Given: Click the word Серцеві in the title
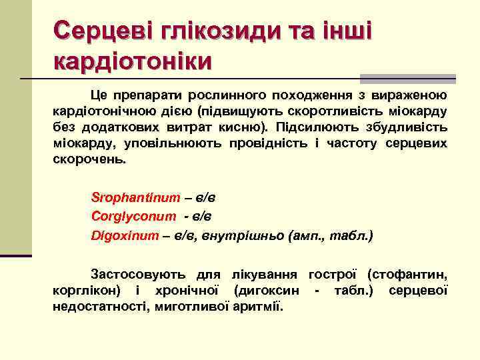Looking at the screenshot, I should (93, 31).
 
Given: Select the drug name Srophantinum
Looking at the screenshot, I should (135, 197).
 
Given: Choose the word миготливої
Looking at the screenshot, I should (191, 307).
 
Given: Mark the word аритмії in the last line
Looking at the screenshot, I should (258, 307).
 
